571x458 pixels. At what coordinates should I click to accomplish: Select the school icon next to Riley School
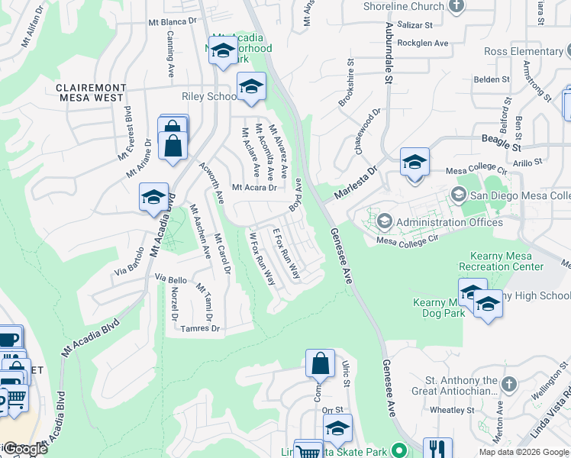tap(250, 88)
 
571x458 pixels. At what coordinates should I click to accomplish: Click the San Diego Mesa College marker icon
tap(458, 194)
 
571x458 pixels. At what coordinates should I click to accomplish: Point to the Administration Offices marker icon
tap(385, 222)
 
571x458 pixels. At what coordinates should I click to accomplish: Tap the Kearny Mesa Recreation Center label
tap(501, 260)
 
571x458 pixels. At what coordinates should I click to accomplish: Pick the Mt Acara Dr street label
tap(253, 187)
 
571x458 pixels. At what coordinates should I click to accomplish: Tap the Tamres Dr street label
tap(200, 329)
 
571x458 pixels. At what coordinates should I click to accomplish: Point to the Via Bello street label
tap(171, 279)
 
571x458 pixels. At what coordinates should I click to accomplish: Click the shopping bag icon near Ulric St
tap(321, 364)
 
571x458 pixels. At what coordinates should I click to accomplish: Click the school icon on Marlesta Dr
tap(415, 163)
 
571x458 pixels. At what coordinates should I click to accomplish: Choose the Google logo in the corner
tap(24, 450)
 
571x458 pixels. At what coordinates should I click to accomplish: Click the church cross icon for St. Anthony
tap(511, 382)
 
